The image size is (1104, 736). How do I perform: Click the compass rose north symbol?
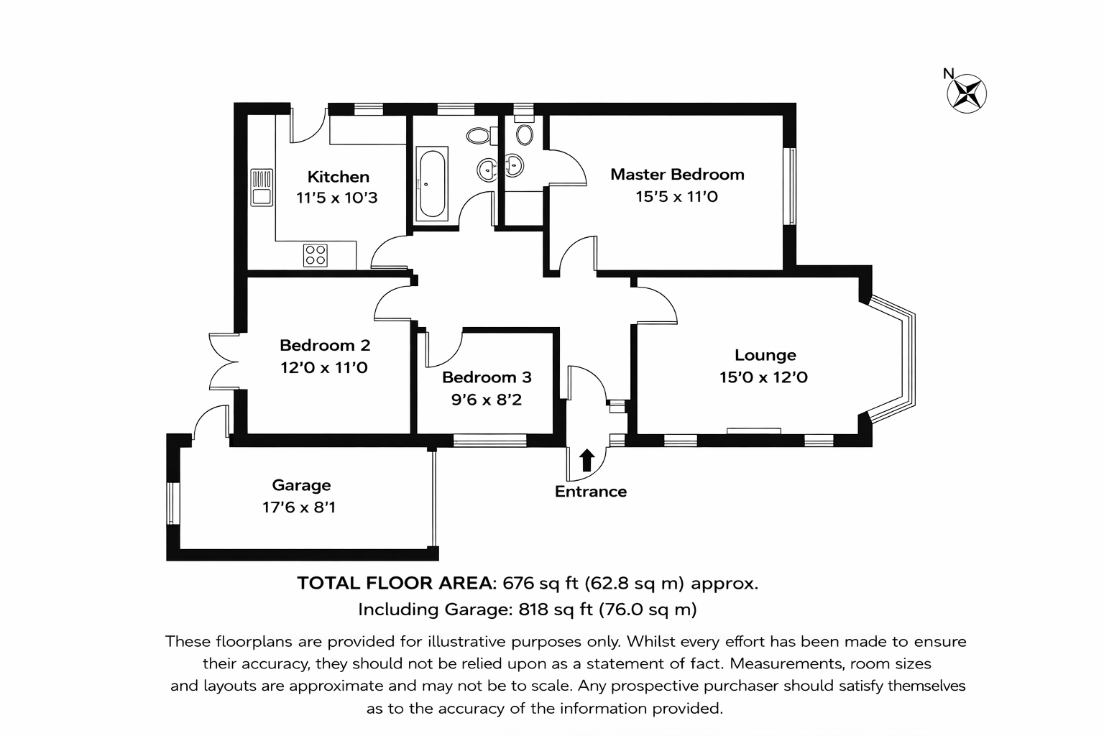[x=967, y=93]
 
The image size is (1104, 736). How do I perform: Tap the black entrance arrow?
[x=586, y=461]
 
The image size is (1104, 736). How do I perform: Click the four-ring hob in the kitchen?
[x=316, y=255]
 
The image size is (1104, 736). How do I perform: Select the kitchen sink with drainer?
[x=262, y=188]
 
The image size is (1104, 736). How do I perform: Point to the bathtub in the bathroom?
[x=432, y=183]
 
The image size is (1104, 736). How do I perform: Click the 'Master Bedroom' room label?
[x=677, y=174]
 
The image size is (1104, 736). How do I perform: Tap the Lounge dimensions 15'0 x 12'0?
[x=763, y=377]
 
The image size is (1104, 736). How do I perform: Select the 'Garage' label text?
[x=301, y=485]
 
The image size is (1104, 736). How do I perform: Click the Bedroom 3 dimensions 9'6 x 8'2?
[x=487, y=400]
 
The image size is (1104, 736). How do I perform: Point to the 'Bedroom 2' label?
[x=325, y=345]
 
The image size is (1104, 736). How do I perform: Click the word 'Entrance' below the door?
[x=590, y=492]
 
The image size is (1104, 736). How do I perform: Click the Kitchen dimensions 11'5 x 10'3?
[x=336, y=198]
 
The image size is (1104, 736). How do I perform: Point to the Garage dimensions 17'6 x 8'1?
[x=299, y=507]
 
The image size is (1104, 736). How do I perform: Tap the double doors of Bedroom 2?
[x=224, y=362]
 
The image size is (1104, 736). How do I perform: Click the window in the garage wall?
[x=173, y=503]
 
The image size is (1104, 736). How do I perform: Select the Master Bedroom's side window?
[x=790, y=186]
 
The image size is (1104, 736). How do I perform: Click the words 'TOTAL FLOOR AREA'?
[x=396, y=583]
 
